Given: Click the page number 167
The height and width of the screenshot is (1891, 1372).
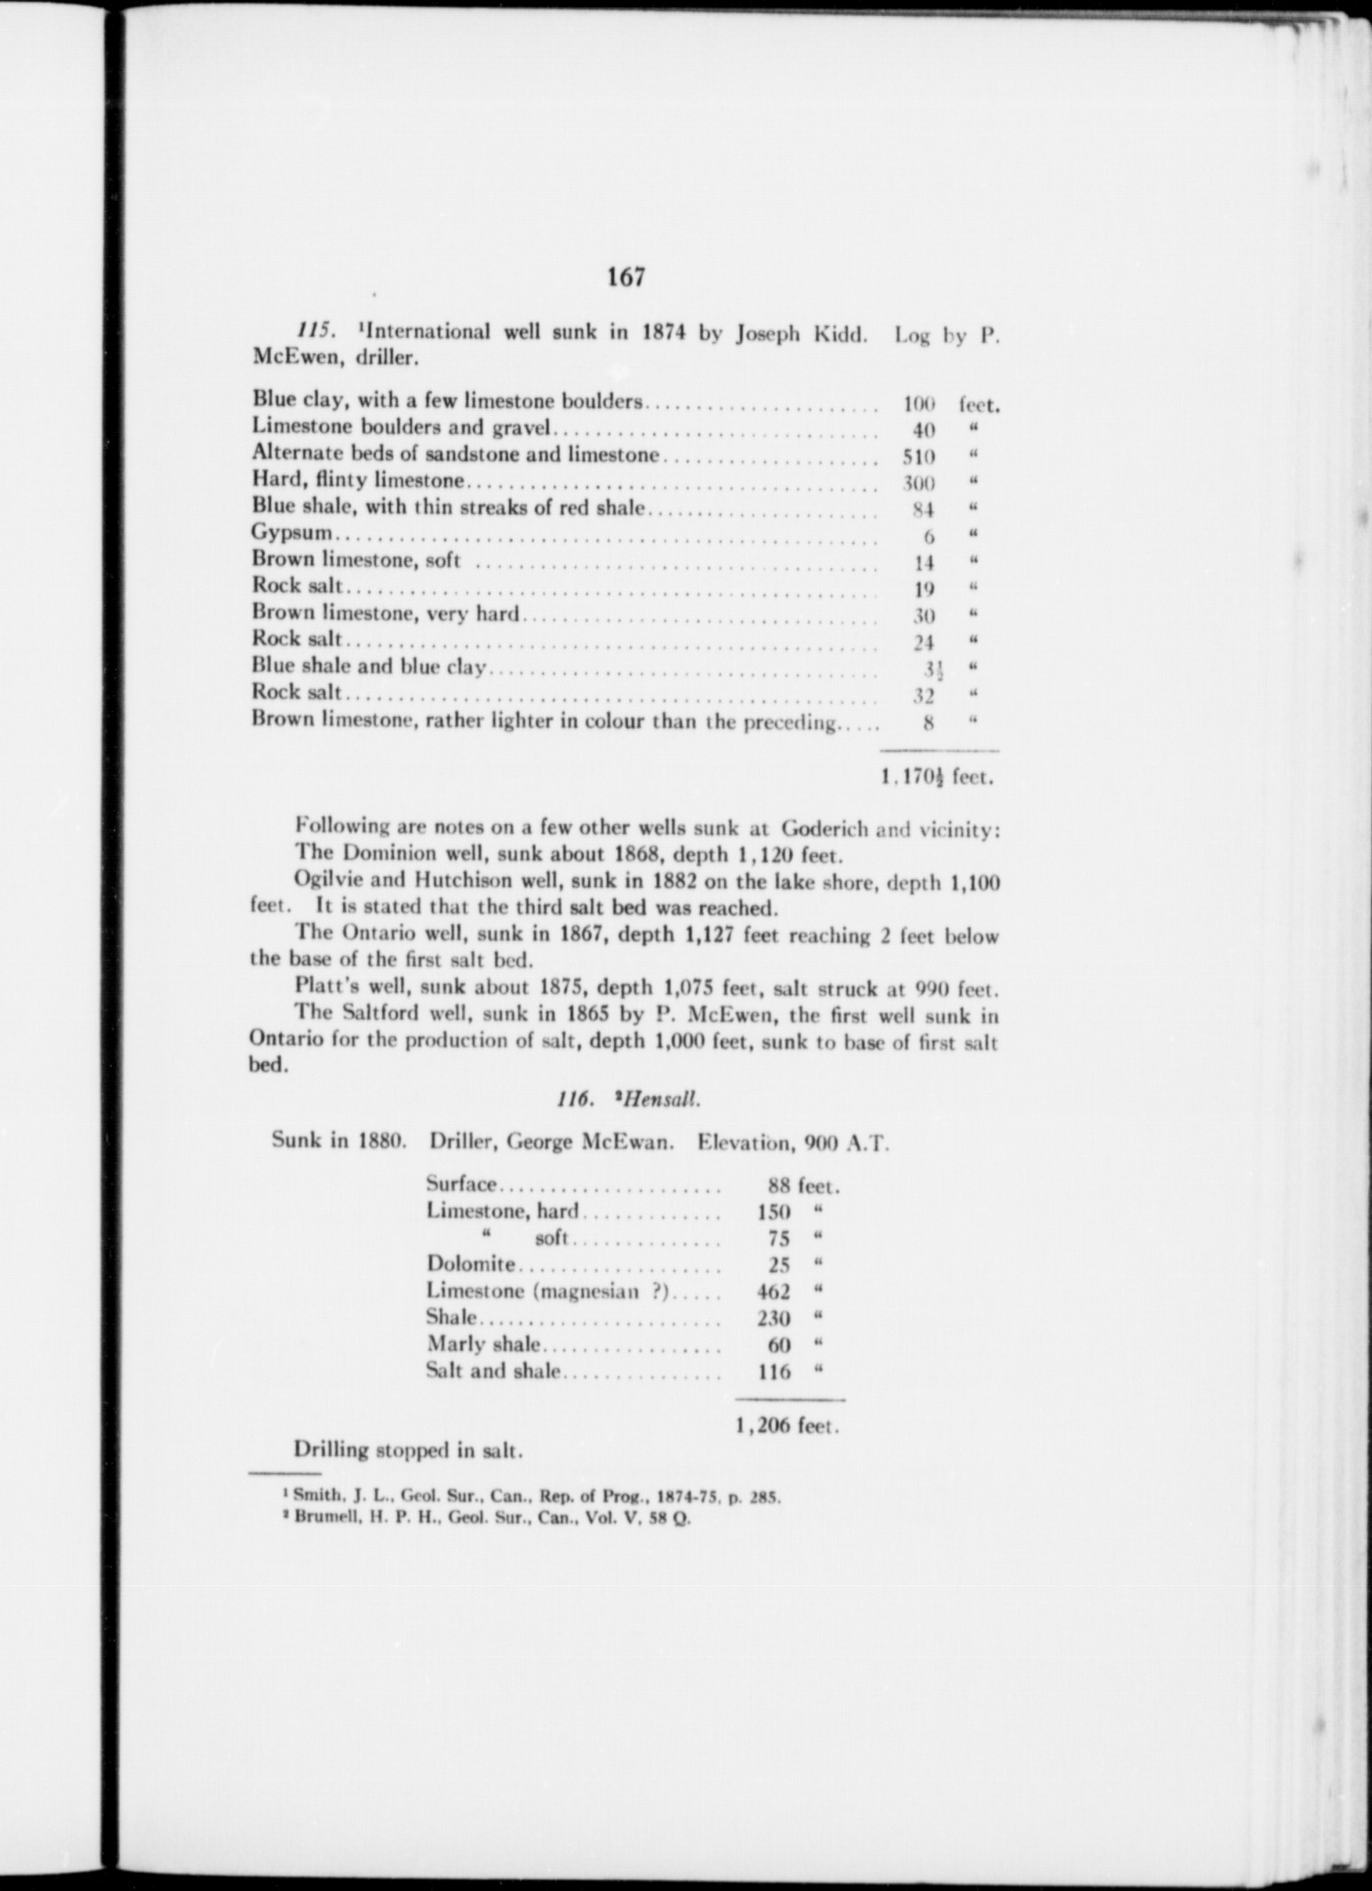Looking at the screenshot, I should point(626,277).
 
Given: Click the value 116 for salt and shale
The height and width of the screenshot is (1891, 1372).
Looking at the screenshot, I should point(774,1371).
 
